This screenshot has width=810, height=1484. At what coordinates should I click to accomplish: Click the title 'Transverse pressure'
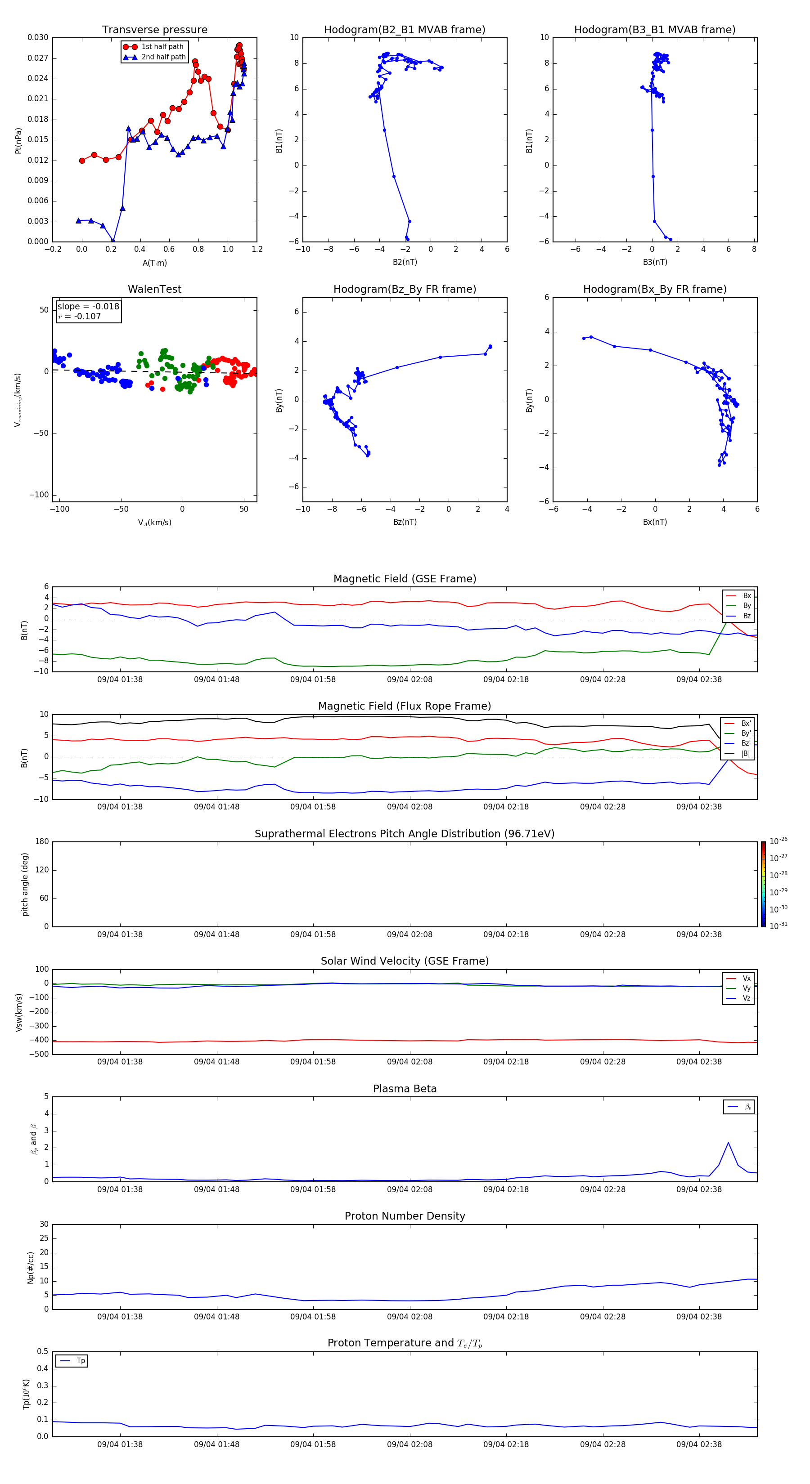pyautogui.click(x=154, y=30)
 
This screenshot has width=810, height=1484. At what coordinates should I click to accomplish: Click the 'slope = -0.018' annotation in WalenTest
pyautogui.click(x=88, y=307)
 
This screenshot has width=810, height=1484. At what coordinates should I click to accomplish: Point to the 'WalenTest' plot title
pyautogui.click(x=154, y=289)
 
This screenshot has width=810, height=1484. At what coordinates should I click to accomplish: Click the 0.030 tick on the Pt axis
pyautogui.click(x=38, y=37)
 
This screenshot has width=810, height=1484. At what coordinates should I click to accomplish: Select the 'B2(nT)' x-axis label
pyautogui.click(x=405, y=262)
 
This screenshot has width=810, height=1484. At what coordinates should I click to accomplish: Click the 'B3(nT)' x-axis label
pyautogui.click(x=655, y=262)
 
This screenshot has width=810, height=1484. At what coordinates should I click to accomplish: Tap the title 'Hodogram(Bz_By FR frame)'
pyautogui.click(x=405, y=289)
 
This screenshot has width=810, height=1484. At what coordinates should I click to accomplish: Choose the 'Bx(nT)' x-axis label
pyautogui.click(x=655, y=522)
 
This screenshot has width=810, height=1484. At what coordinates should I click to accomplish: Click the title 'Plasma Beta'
pyautogui.click(x=405, y=1089)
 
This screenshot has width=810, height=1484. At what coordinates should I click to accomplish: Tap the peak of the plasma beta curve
pyautogui.click(x=728, y=1142)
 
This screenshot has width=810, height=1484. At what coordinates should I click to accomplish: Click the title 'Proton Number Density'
pyautogui.click(x=405, y=1216)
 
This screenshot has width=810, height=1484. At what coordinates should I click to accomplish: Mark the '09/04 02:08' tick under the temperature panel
pyautogui.click(x=409, y=1444)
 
